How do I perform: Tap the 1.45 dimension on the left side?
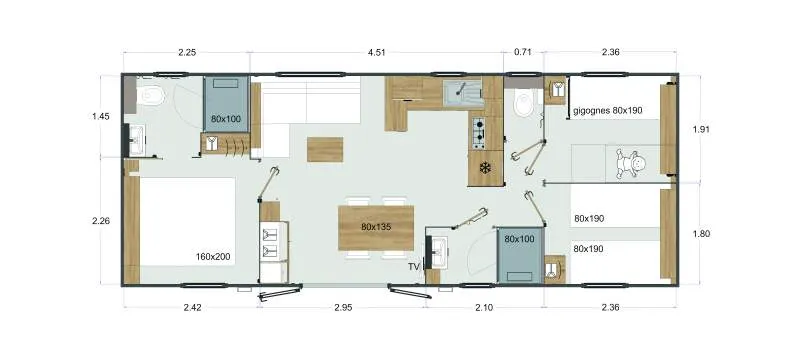tap(100, 116)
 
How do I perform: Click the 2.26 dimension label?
tap(100, 221)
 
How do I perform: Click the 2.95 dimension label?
tap(343, 308)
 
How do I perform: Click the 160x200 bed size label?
tap(213, 257)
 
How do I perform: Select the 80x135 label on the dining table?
tap(377, 226)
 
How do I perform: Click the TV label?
tap(413, 267)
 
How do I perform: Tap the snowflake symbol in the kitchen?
tap(486, 167)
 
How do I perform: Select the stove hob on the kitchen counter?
tap(479, 129)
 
